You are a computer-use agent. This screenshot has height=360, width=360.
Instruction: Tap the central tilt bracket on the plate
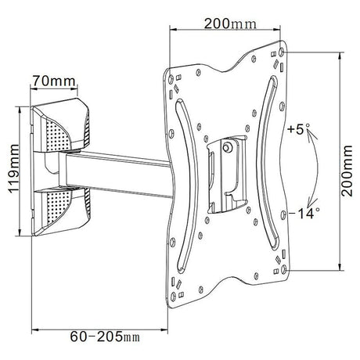[222, 168]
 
